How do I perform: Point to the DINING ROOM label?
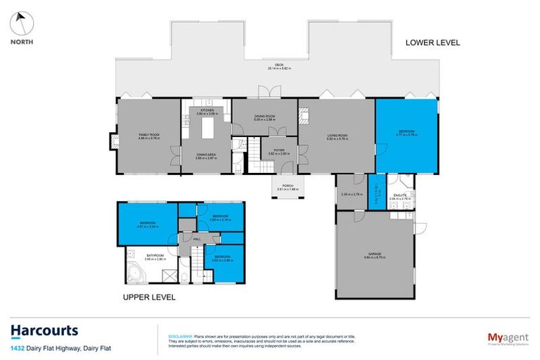(x=264, y=117)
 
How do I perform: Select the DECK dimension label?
(x=279, y=66)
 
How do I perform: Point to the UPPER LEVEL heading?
(x=149, y=297)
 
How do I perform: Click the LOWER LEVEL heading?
(x=432, y=43)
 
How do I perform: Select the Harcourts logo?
(x=44, y=331)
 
